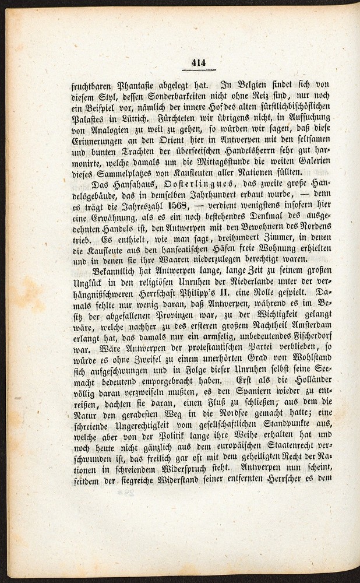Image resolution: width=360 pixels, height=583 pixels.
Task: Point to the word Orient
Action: click(x=185, y=146)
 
